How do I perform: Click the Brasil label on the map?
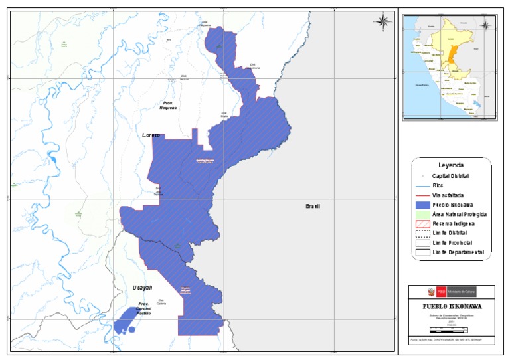tap(313, 206)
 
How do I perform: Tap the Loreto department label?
tap(151, 135)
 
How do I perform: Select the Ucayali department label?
tap(142, 288)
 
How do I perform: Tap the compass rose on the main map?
tap(384, 21)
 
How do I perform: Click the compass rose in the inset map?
tap(485, 26)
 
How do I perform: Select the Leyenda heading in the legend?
tap(451, 165)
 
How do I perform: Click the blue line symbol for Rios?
tap(422, 186)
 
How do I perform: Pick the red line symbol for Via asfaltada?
tap(422, 196)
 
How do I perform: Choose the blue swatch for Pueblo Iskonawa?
tap(422, 205)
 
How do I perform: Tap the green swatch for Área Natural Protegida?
tap(422, 215)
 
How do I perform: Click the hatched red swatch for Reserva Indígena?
tap(422, 225)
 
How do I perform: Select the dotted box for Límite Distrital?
tap(422, 234)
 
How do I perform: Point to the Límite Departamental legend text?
tap(458, 252)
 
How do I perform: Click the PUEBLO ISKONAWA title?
tap(452, 306)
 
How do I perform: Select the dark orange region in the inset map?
tap(452, 56)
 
